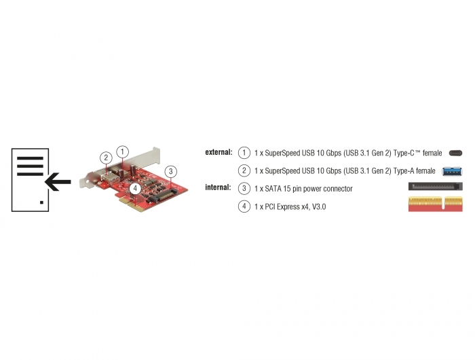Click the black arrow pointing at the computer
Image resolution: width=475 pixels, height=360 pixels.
click(58, 182)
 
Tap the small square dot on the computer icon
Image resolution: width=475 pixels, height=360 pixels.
click(42, 202)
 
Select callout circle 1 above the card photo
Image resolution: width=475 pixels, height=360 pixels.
click(122, 151)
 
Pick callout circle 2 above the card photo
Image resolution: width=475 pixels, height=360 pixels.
click(106, 158)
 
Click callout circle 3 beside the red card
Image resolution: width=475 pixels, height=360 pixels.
click(171, 171)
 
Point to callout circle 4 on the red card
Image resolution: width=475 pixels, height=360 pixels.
click(135, 189)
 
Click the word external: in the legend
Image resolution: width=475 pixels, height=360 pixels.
click(218, 152)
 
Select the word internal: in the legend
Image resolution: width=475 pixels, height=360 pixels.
click(218, 187)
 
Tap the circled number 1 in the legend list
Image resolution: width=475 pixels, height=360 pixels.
click(244, 153)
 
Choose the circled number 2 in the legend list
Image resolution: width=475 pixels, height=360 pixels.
click(244, 170)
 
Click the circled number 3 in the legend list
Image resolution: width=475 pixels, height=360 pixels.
click(244, 189)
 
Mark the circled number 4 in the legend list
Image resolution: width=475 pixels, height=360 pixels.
click(244, 206)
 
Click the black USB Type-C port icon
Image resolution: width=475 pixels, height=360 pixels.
click(455, 153)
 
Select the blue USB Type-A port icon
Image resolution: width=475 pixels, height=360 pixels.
click(453, 171)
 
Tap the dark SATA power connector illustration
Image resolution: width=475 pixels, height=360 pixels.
click(436, 186)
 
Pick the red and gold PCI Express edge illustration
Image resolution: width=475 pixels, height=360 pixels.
click(436, 204)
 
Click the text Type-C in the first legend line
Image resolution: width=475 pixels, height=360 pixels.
click(404, 153)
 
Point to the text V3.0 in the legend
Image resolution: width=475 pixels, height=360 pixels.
click(319, 207)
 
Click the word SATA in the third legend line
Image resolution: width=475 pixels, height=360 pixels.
click(273, 189)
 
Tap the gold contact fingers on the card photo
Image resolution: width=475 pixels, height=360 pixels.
click(132, 204)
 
